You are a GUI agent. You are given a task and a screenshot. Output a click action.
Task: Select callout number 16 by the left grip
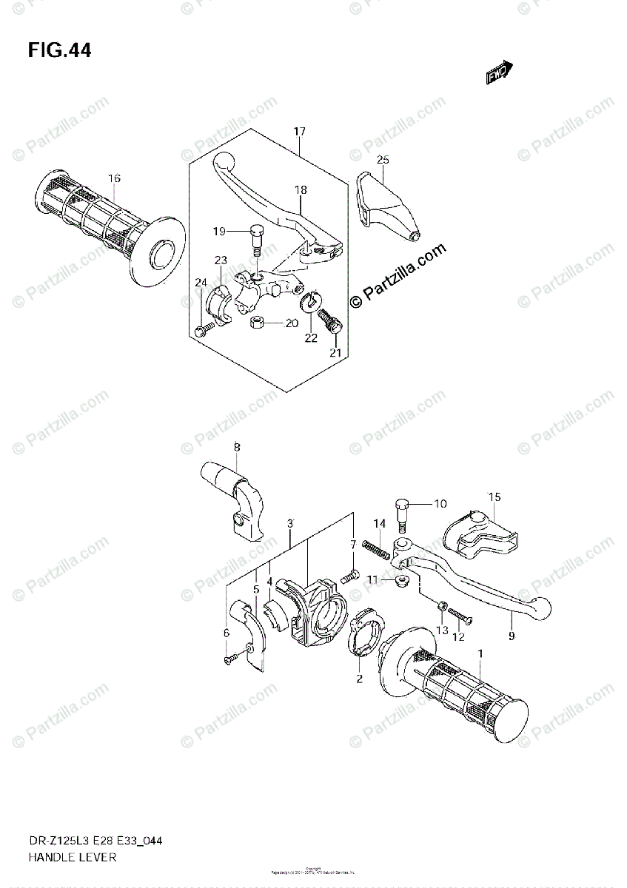tap(114, 178)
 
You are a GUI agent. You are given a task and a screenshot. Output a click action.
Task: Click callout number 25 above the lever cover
tap(382, 160)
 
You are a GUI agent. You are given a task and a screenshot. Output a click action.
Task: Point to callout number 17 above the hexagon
tap(299, 132)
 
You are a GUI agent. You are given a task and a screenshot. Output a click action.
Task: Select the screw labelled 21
tap(329, 320)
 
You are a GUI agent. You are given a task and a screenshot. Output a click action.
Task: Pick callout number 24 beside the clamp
tap(201, 282)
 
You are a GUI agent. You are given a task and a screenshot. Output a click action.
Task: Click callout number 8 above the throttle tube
tap(237, 447)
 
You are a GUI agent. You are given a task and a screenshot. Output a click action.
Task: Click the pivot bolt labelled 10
tap(403, 515)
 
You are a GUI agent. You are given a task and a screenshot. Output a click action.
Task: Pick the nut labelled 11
tap(401, 579)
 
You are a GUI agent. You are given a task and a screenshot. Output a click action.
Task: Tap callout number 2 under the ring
tap(358, 679)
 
